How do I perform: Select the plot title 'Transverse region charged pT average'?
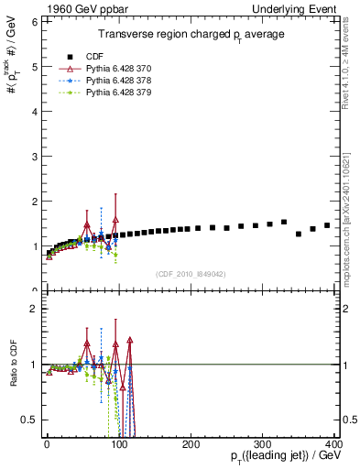point(191,34)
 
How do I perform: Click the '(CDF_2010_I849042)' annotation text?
point(191,273)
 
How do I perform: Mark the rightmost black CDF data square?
point(327,225)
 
